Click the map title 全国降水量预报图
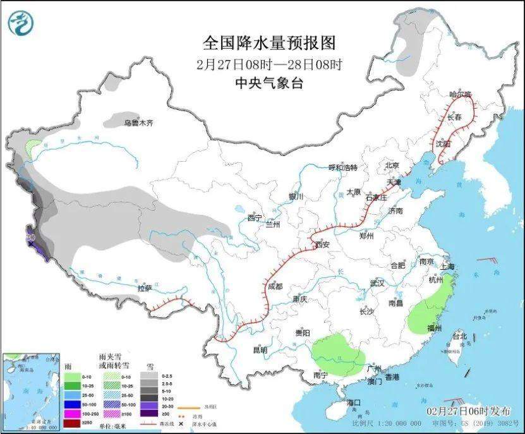coord(269,43)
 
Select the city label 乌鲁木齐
coord(138,123)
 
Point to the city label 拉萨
coord(145,288)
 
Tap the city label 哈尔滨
coord(460,94)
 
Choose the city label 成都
coord(275,286)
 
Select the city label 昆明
coord(260,349)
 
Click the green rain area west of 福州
coord(426,310)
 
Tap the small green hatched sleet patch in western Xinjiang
coord(32,148)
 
